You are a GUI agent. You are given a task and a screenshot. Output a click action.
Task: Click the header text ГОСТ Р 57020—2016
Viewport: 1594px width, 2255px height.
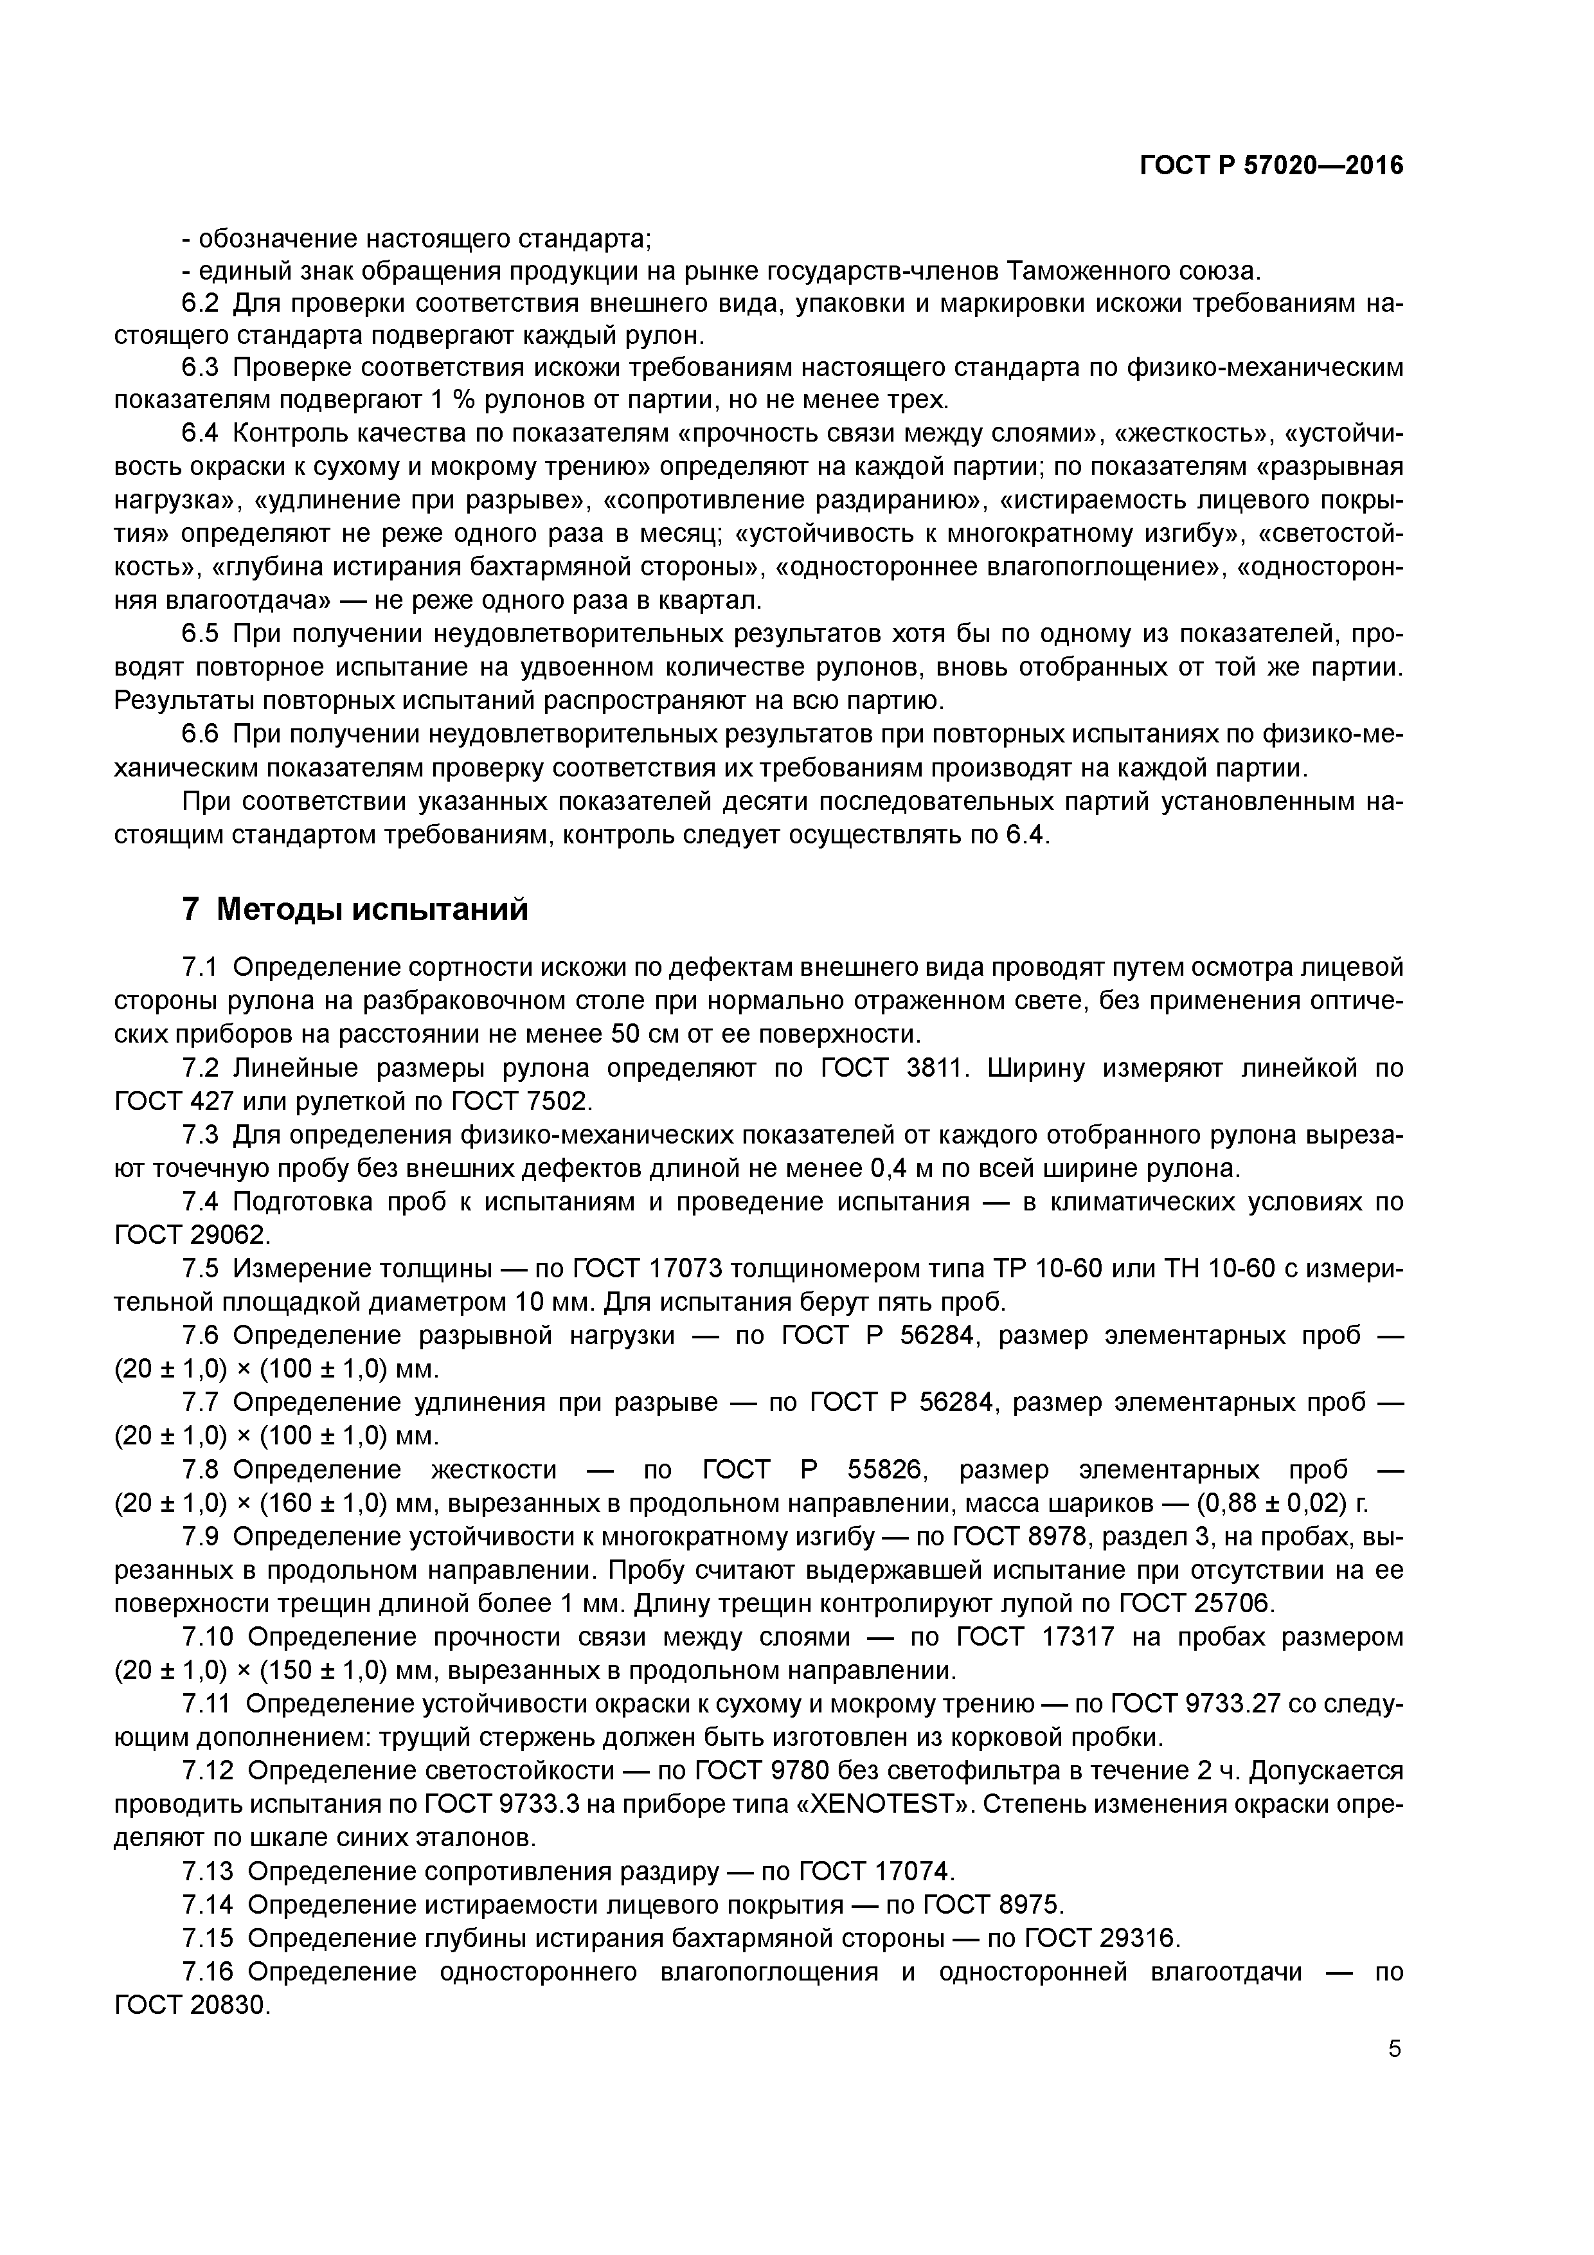click(x=1271, y=166)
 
